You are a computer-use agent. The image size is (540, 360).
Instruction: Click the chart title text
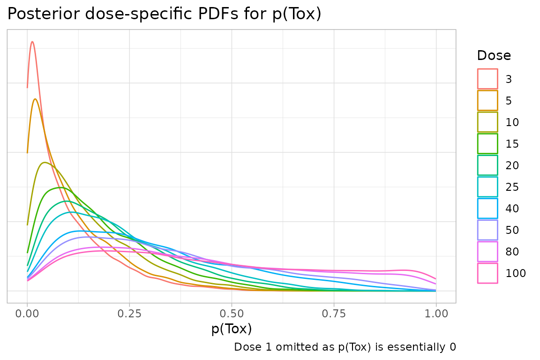pos(164,14)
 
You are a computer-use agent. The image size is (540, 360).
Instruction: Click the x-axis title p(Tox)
pos(232,329)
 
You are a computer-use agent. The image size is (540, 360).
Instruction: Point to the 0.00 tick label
pos(27,313)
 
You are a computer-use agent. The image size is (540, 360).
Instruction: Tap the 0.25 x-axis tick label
pos(129,313)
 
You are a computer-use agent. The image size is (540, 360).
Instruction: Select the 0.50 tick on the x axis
pos(232,313)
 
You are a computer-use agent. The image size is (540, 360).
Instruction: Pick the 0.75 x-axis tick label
pos(334,313)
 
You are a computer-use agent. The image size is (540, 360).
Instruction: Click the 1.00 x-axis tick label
pos(436,313)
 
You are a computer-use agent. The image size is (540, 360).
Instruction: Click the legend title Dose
pos(494,56)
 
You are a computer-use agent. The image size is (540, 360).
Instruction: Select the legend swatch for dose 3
pos(487,79)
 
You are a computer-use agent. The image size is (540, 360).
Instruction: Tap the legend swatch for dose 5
pos(487,100)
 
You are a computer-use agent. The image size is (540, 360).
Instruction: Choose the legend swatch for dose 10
pos(487,122)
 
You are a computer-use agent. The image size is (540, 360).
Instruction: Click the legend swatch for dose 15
pos(487,143)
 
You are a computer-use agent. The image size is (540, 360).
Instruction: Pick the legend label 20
pos(512,165)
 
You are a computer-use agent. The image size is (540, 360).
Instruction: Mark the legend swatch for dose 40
pos(487,208)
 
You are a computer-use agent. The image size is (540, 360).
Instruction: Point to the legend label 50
pos(512,230)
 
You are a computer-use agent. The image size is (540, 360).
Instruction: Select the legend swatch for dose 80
pos(487,251)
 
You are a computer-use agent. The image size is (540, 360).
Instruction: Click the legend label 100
pos(516,273)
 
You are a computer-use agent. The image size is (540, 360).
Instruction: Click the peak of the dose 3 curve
pos(32,42)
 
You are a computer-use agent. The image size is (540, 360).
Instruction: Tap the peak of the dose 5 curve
pos(35,99)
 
